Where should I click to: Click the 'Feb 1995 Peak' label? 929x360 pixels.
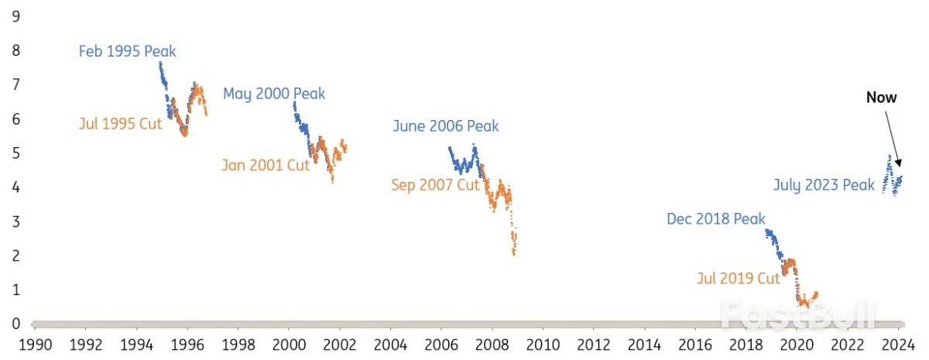point(128,52)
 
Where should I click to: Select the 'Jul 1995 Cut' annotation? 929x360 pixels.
point(120,123)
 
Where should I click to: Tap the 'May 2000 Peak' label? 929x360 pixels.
point(274,94)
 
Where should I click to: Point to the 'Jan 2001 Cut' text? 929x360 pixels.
point(265,165)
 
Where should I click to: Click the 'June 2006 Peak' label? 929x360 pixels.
point(446,126)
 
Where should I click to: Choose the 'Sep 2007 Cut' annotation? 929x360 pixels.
point(436,185)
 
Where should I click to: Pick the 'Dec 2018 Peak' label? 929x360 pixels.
point(716,219)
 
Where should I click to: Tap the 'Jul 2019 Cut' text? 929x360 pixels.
point(737,279)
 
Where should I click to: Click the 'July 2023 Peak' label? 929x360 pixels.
point(824,185)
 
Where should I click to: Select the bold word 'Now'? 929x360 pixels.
point(881,98)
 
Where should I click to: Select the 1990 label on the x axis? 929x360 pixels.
point(36,344)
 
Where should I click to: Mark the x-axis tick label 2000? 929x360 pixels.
point(289,344)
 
